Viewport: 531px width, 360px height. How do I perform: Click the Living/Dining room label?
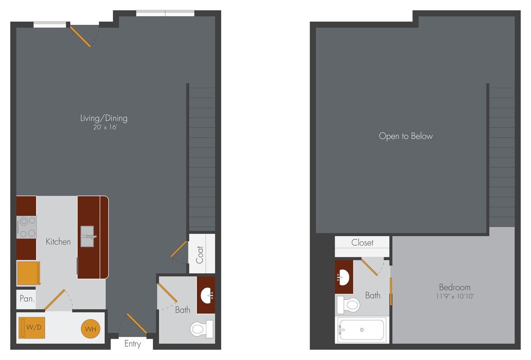(104, 118)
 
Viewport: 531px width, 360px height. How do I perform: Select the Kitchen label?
(58, 242)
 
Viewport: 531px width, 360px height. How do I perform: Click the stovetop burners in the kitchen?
(27, 227)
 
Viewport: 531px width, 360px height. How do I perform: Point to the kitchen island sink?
(88, 237)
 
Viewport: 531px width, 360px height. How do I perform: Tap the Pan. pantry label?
(27, 299)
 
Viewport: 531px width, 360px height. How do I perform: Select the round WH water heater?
(91, 329)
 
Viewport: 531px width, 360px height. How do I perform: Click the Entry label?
(132, 344)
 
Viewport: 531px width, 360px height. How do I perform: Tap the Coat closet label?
(200, 254)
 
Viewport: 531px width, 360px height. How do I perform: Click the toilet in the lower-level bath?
(201, 329)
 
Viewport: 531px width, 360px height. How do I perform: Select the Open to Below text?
(406, 136)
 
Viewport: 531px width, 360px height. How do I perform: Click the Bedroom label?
(454, 287)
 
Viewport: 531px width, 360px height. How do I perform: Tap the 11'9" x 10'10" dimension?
(454, 296)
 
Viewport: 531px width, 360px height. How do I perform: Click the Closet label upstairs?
(362, 243)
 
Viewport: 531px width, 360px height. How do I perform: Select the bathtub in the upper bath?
(362, 330)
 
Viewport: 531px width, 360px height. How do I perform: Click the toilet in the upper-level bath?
(349, 305)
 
